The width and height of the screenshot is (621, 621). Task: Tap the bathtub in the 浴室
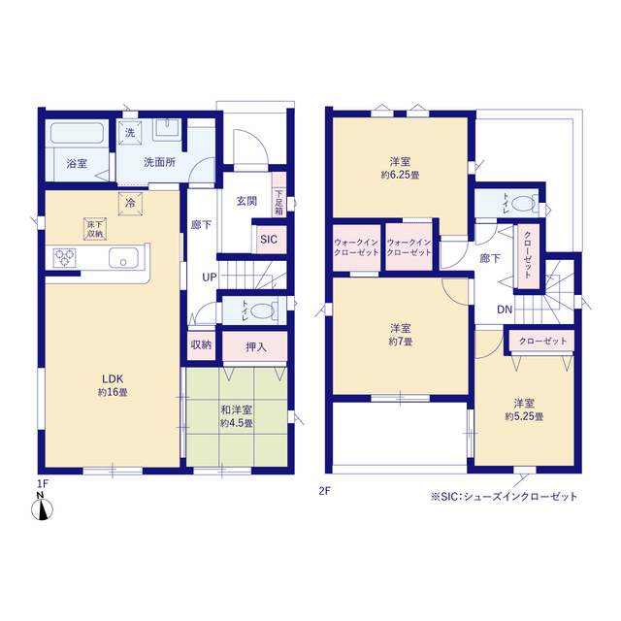pos(78,133)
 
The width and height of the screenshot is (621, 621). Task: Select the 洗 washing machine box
pos(130,133)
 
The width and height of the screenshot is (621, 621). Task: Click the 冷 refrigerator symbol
pos(130,204)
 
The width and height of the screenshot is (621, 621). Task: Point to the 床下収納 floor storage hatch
pos(95,229)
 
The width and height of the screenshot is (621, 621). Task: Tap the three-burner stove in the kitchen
pos(65,257)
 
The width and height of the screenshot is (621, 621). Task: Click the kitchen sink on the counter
pos(123,258)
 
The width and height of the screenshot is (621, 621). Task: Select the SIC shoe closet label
pos(269,240)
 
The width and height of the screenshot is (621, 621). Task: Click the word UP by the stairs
pos(210,278)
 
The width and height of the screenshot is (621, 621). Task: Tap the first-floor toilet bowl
pos(263,310)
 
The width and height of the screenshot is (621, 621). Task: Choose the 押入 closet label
pos(256,347)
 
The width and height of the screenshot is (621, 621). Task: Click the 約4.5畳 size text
pos(237,423)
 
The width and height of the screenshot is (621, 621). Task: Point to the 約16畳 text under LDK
pos(113,392)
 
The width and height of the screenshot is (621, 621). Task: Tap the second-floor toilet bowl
pos(524,205)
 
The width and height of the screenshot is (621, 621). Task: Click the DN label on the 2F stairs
pos(505,310)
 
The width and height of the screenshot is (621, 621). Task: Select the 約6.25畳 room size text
pos(400,175)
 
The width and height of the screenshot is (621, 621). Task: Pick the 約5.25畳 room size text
pos(524,416)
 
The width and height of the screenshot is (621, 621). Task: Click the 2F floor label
pos(324,491)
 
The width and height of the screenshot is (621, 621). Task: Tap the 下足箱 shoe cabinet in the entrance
pos(279,194)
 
